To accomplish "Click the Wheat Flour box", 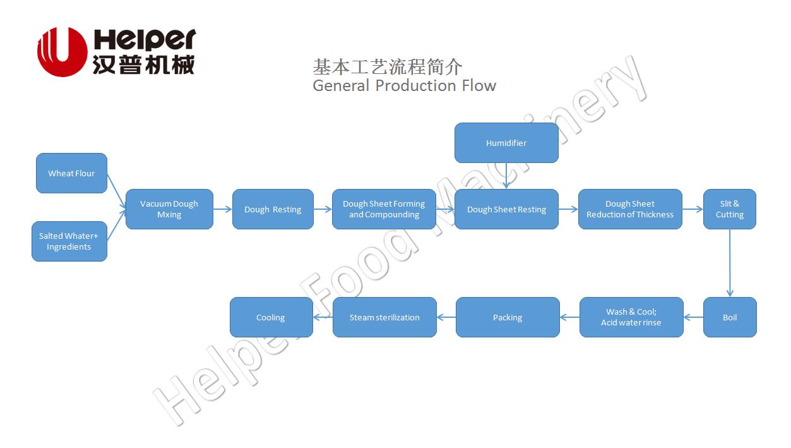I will coord(71,173).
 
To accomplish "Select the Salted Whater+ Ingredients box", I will coord(69,241).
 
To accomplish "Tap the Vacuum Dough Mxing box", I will coord(169,209).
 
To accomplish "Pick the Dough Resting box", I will coord(273,209).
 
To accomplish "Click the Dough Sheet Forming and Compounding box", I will coord(384,209).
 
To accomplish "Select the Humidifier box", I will coord(506,143).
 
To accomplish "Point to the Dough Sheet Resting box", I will coord(506,209).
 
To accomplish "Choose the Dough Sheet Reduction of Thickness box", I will coord(630,209).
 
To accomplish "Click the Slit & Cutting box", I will coord(729,209).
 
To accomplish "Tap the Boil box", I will coord(730,317).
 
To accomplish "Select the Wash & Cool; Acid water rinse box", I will coord(631,317).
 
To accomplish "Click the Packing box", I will coord(508,317).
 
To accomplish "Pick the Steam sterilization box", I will coord(384,317).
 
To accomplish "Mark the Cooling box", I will coord(271,317).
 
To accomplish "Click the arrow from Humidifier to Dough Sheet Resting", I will coord(506,176).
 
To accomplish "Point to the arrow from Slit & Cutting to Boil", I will coord(730,263).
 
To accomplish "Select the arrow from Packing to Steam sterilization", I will coord(446,317).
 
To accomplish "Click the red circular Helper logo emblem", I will coord(62,52).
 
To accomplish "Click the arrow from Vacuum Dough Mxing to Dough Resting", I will coord(223,209).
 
